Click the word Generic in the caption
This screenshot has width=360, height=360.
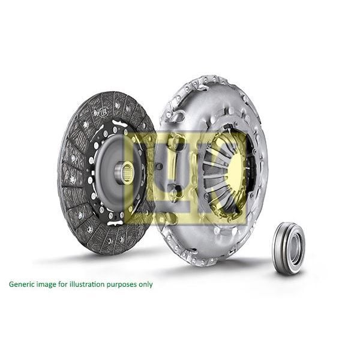click(x=21, y=284)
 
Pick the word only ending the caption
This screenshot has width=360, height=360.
click(x=146, y=284)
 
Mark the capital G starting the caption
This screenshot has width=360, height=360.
click(x=11, y=284)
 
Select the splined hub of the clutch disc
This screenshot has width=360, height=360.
click(x=125, y=173)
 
